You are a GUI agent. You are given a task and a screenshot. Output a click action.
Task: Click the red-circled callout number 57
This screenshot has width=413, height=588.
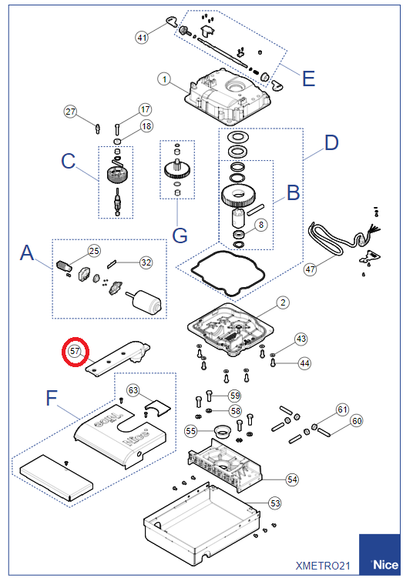click(75, 351)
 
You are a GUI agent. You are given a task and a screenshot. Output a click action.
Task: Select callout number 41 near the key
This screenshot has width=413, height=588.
click(142, 38)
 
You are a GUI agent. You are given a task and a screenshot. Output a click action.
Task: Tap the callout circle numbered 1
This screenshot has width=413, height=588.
click(164, 79)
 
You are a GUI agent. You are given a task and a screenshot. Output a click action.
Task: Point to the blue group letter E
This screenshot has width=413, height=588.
click(309, 79)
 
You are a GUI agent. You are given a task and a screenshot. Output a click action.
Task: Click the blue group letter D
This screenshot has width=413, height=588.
click(331, 142)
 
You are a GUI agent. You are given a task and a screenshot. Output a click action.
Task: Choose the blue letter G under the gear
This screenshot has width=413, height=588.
click(180, 236)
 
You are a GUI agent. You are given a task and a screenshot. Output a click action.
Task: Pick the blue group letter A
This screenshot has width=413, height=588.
click(27, 252)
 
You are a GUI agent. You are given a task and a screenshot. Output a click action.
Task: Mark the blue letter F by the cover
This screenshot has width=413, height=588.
click(52, 398)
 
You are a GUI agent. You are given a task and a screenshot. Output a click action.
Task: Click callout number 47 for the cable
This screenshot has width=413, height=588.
click(310, 269)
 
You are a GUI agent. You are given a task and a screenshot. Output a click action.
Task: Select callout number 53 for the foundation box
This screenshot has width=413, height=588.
click(275, 503)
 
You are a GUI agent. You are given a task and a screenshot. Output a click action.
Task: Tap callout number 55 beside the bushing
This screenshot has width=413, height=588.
click(191, 431)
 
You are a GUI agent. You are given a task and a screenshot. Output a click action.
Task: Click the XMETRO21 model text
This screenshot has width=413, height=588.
click(323, 566)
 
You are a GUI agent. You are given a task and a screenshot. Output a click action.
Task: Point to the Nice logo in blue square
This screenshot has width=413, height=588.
click(380, 554)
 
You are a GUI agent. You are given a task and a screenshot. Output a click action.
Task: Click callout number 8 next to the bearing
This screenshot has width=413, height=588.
click(261, 225)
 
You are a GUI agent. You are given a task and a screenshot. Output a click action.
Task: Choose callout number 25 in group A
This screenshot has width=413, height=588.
click(94, 250)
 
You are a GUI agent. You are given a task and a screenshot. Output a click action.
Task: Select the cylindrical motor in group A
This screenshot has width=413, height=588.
click(146, 301)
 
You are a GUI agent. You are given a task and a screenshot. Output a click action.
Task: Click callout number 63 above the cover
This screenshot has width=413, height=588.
click(133, 390)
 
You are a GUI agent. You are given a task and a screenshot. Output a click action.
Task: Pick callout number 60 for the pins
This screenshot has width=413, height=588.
click(357, 421)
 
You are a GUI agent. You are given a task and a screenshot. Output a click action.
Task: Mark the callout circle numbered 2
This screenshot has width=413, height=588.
click(283, 302)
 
